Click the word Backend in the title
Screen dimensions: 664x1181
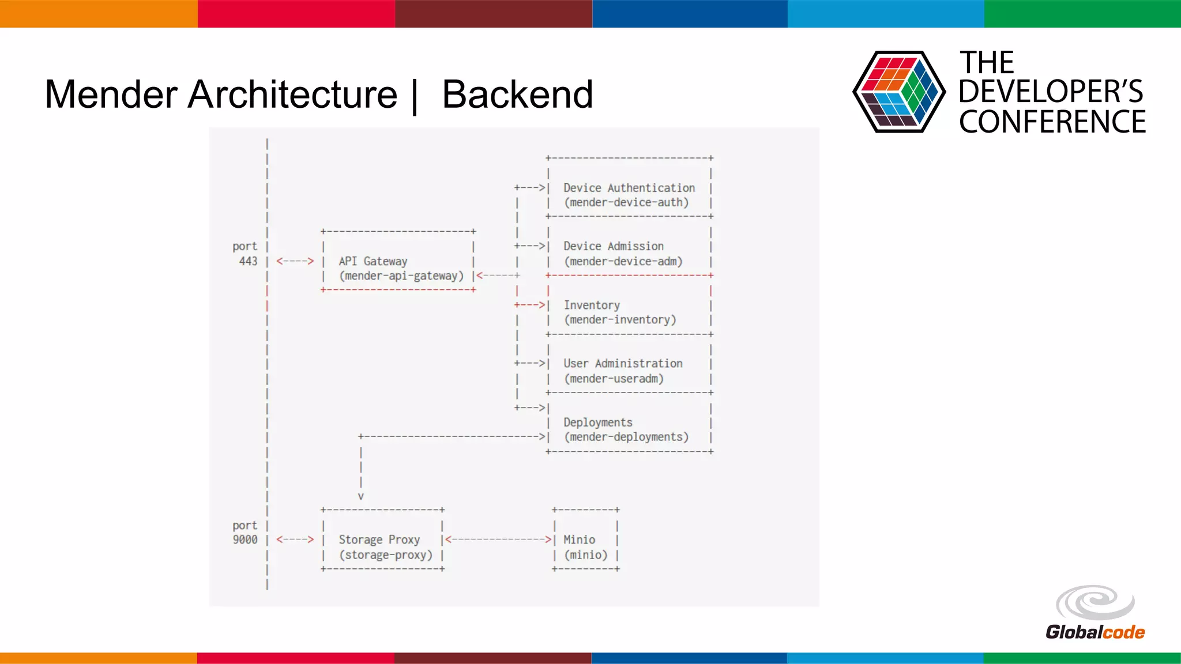click(517, 95)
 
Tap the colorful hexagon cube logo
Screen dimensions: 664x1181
click(898, 92)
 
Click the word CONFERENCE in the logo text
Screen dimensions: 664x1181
click(1052, 122)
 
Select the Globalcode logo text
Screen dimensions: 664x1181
click(1095, 632)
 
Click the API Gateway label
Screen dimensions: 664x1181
click(373, 261)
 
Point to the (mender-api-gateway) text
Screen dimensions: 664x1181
click(401, 276)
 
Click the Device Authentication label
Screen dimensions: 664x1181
click(629, 188)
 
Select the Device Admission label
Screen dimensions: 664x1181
click(613, 246)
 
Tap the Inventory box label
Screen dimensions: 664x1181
click(592, 305)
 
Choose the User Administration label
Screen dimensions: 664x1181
click(623, 364)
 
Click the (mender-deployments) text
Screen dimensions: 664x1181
click(626, 437)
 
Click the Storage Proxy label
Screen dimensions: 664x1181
click(379, 539)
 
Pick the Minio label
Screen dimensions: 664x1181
click(579, 539)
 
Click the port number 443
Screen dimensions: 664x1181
click(248, 261)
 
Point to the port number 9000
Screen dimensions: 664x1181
click(245, 539)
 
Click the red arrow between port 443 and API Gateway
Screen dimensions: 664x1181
click(295, 261)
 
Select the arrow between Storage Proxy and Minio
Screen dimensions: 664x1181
click(499, 539)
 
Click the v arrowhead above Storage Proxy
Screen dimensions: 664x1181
click(361, 496)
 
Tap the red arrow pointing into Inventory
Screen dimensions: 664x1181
click(530, 305)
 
